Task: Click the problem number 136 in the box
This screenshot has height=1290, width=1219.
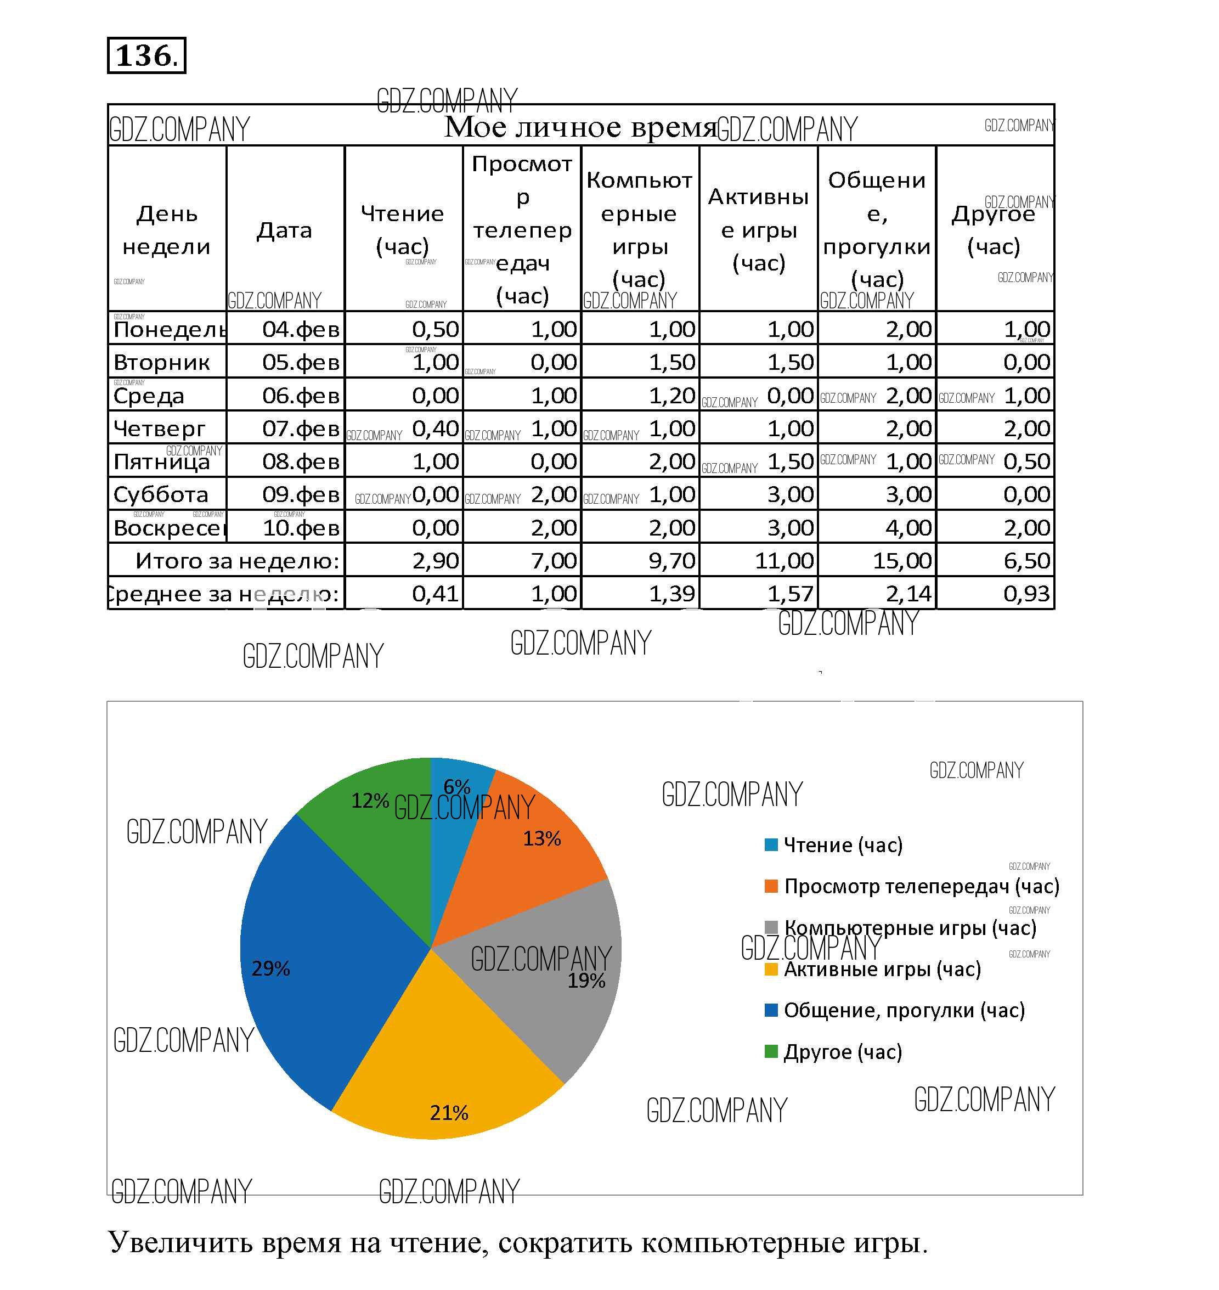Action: (145, 55)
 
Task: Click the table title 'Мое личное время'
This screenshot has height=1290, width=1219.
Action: (580, 126)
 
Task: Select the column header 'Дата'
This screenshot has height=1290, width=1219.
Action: (285, 230)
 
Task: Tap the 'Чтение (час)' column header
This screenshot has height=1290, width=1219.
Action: (402, 229)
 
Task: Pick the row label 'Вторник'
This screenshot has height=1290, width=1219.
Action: (162, 362)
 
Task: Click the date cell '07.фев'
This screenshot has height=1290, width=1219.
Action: (301, 429)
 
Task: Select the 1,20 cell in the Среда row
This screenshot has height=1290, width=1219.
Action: (673, 395)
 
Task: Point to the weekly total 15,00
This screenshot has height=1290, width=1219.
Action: (902, 560)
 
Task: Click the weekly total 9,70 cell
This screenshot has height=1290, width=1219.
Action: (672, 560)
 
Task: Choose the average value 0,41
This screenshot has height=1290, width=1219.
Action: (436, 593)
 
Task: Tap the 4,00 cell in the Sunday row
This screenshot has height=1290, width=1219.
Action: (908, 528)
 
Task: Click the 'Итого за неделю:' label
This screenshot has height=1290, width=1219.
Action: (237, 560)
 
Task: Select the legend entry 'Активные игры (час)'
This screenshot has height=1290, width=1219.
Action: (882, 970)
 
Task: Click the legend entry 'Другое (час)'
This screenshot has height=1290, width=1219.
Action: (843, 1052)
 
